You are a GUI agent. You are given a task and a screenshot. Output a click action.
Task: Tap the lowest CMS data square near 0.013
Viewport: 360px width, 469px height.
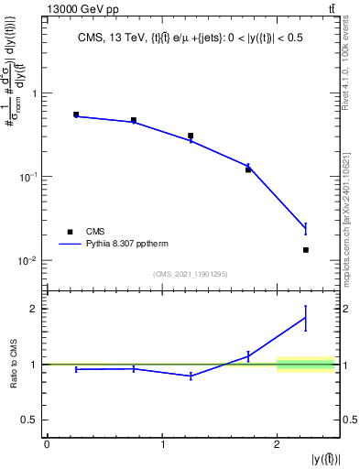[x=306, y=250]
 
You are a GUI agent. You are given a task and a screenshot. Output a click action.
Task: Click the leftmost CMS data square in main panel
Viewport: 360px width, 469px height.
[x=76, y=115]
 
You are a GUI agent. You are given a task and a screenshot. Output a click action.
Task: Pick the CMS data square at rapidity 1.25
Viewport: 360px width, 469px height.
[x=191, y=136]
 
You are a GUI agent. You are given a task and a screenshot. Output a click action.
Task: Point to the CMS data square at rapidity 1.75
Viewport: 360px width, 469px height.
[x=248, y=169]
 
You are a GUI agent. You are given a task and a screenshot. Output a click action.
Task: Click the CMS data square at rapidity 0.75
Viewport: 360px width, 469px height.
[x=134, y=120]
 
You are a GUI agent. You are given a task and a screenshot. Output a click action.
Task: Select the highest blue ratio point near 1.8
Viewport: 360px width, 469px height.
[x=306, y=318]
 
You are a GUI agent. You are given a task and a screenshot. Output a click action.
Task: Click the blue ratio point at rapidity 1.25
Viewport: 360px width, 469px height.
[x=191, y=376]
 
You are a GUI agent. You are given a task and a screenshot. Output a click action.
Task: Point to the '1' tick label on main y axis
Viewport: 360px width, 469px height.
[x=34, y=93]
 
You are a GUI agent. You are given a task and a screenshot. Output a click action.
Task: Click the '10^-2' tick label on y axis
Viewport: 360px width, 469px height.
[x=27, y=261]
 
